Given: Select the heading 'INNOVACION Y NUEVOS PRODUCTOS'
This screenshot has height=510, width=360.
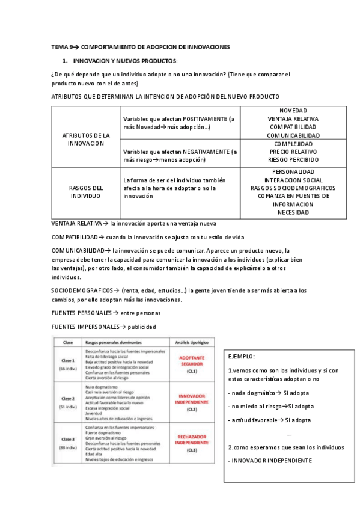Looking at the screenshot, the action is pos(125,61).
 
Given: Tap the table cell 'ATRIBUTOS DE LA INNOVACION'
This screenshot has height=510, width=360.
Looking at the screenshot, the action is pos(86,140).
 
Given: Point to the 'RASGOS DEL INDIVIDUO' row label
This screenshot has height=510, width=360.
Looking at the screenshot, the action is pos(86,192).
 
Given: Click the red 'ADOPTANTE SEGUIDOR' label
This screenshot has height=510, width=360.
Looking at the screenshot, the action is pos(192,361).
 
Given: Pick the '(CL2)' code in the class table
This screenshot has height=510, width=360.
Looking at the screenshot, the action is pos(192,410).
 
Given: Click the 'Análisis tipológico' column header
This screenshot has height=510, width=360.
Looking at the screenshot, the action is pos(192,342).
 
